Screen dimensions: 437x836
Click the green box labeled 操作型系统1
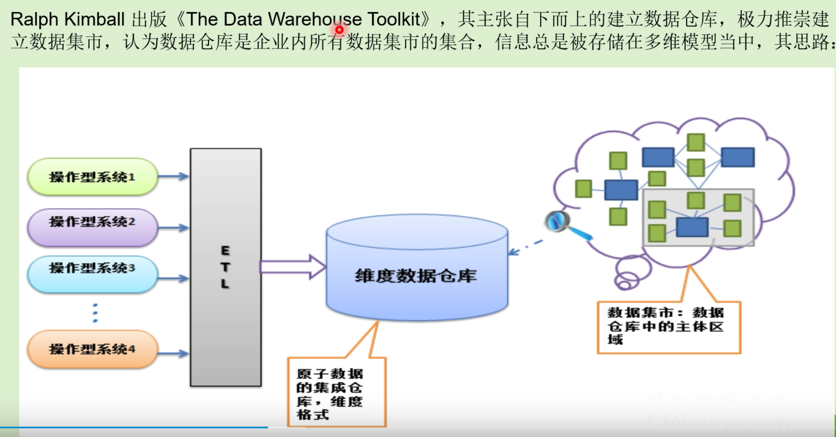[92, 177]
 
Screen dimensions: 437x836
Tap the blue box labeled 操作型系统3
[92, 268]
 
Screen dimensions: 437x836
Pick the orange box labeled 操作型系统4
[92, 349]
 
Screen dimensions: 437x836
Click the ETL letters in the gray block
[225, 267]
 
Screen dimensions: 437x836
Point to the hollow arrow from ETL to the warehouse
[293, 267]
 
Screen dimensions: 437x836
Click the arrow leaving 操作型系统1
[173, 176]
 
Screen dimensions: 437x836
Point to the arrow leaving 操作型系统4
[173, 353]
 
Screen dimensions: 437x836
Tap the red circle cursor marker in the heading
[340, 30]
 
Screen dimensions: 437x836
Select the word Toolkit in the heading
[394, 19]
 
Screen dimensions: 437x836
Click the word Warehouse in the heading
[315, 19]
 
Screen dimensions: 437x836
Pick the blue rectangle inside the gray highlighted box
[692, 227]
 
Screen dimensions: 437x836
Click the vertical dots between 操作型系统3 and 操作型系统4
[95, 313]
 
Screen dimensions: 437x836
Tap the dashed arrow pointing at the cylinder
[526, 247]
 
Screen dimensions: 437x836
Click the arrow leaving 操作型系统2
[173, 228]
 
